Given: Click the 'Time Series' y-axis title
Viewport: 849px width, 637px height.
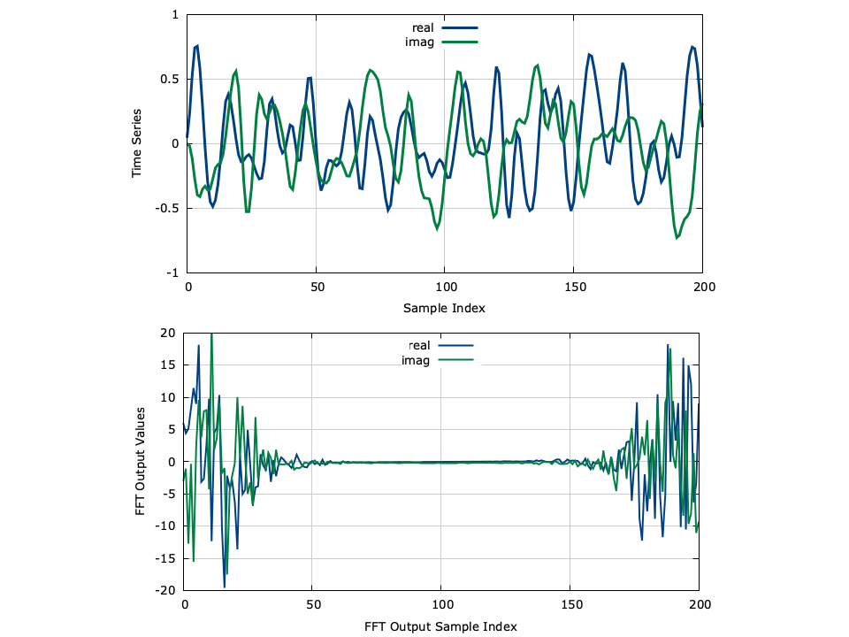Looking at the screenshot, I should click(x=137, y=144).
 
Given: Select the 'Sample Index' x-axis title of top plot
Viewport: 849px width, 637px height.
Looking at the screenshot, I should click(x=444, y=309).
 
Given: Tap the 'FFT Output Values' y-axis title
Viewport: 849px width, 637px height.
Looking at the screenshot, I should click(x=141, y=462).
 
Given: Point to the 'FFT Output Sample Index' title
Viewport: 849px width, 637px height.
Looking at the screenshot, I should click(x=440, y=625).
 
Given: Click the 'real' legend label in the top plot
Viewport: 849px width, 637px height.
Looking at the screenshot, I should click(x=423, y=28).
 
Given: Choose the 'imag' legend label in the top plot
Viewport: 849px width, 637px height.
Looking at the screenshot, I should click(x=420, y=42).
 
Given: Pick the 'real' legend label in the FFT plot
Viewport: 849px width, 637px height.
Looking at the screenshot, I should click(x=419, y=345).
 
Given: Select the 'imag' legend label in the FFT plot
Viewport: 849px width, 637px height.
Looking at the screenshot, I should click(x=416, y=359).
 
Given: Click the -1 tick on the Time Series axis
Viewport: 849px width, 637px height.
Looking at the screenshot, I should click(x=172, y=273).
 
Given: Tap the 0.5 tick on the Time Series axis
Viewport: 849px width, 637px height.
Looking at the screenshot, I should click(x=169, y=79).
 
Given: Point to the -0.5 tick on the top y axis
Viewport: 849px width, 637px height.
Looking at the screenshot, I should click(x=166, y=209).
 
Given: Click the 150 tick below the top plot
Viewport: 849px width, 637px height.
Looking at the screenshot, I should click(x=573, y=288).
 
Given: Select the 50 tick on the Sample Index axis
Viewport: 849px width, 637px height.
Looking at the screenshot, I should click(x=316, y=288).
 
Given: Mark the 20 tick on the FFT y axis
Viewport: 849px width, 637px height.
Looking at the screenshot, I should click(x=167, y=334).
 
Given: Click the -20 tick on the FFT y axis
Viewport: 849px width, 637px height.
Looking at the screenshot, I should click(x=164, y=590).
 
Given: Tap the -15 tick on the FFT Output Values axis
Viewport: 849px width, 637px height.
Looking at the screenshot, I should click(x=164, y=558).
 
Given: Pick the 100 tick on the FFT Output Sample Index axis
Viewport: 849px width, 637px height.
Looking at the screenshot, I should click(x=441, y=605).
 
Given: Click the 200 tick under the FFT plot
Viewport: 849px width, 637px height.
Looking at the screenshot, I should click(x=699, y=605).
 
